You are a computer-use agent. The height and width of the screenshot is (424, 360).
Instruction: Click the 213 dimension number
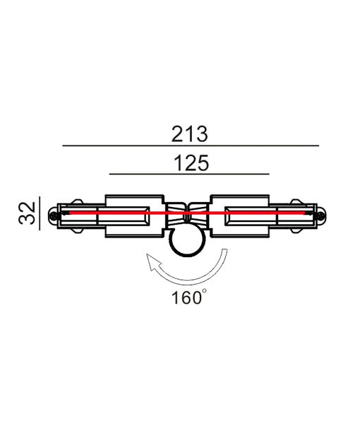pyautogui.click(x=189, y=132)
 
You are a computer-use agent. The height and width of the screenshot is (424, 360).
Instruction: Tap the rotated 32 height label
pyautogui.click(x=27, y=212)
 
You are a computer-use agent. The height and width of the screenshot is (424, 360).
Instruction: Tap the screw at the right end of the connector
pyautogui.click(x=320, y=215)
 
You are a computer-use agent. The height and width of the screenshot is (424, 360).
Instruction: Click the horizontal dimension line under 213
pyautogui.click(x=191, y=146)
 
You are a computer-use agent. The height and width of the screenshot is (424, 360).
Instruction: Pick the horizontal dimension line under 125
pyautogui.click(x=189, y=174)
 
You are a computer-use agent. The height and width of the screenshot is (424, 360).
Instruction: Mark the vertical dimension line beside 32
pyautogui.click(x=40, y=213)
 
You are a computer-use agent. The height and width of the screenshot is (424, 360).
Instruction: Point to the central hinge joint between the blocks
pyautogui.click(x=187, y=213)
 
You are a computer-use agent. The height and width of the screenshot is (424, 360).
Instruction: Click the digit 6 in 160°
pyautogui.click(x=187, y=298)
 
